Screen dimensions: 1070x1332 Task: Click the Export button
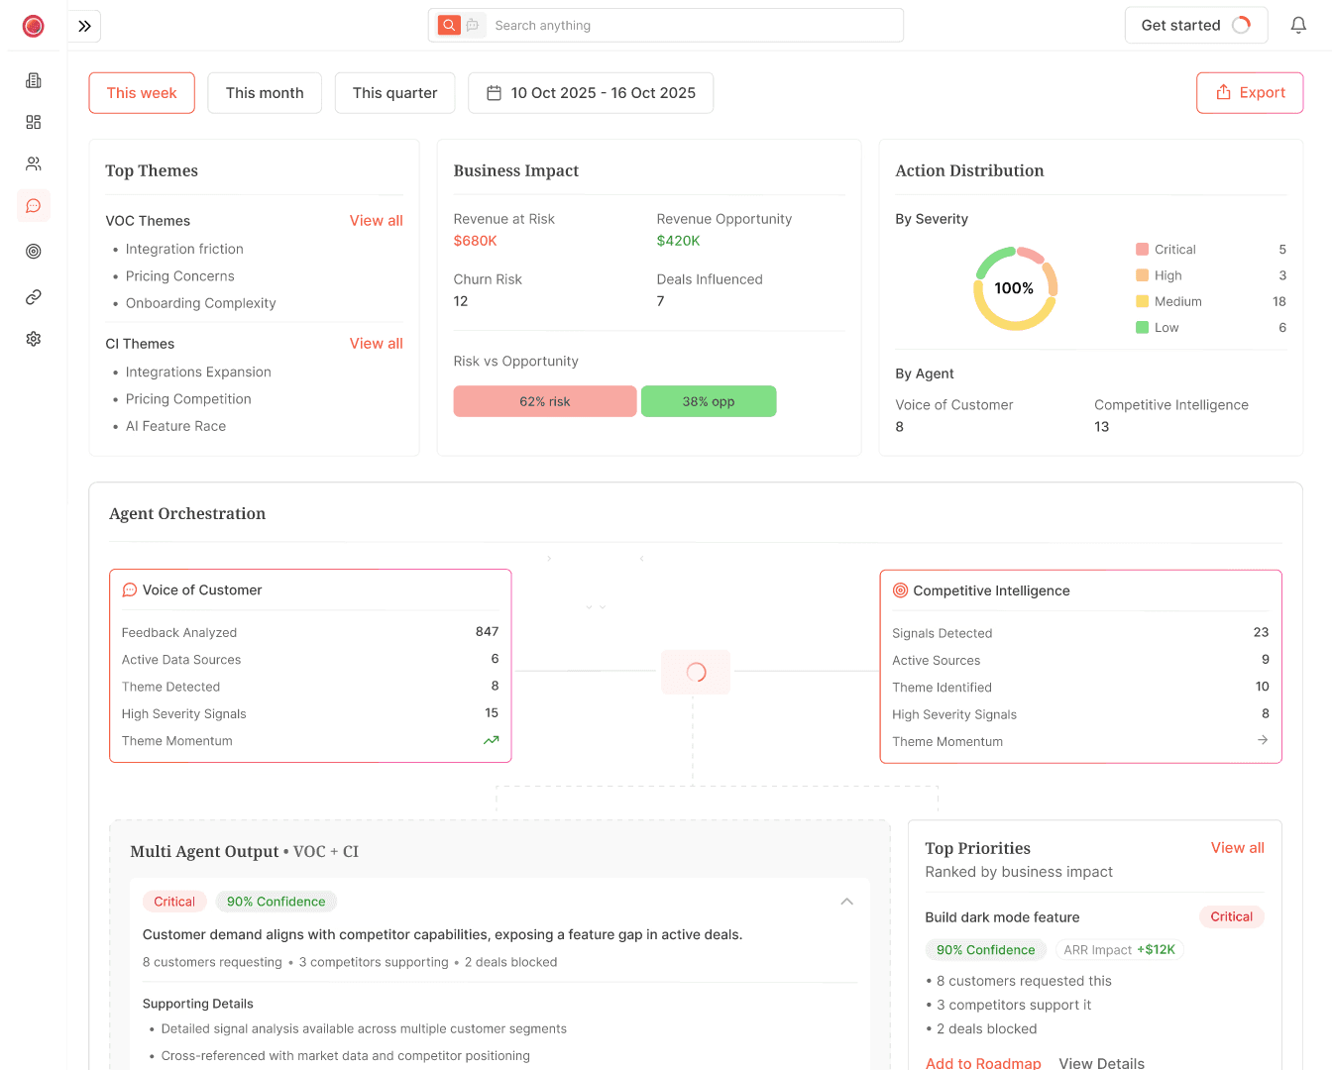click(x=1250, y=93)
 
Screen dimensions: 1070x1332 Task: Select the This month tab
click(x=265, y=93)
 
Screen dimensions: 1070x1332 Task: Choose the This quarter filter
click(x=394, y=93)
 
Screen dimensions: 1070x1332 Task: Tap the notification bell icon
click(x=1298, y=26)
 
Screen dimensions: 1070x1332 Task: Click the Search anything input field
click(x=694, y=26)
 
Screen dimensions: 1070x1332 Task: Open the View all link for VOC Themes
click(x=376, y=221)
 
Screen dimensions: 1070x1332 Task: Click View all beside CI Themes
click(x=376, y=344)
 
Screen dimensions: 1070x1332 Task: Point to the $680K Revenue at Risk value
click(x=476, y=241)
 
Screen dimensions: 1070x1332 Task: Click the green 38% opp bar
click(x=709, y=401)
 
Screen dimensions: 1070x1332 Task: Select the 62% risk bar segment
click(x=545, y=401)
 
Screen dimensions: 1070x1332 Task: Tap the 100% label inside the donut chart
click(x=1014, y=288)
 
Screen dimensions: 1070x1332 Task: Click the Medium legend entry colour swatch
click(x=1142, y=301)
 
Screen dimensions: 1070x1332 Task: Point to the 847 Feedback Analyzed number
click(x=487, y=632)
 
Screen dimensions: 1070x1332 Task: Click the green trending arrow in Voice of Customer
click(x=491, y=740)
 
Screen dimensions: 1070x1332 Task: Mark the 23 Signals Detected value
click(x=1261, y=632)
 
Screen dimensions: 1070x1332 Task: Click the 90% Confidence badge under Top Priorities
click(x=985, y=950)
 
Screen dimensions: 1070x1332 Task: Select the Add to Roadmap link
click(x=983, y=1063)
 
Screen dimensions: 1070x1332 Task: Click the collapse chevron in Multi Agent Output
click(x=847, y=902)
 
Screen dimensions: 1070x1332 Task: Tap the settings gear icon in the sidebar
click(x=34, y=339)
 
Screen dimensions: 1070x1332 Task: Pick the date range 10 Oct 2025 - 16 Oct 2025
click(x=591, y=93)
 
